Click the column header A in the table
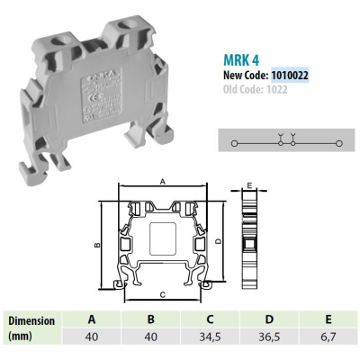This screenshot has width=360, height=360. pyautogui.click(x=91, y=319)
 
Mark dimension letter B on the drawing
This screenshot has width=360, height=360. pyautogui.click(x=95, y=243)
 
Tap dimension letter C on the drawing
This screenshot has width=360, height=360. pyautogui.click(x=160, y=293)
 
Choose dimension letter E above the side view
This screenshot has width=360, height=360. pyautogui.click(x=248, y=185)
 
